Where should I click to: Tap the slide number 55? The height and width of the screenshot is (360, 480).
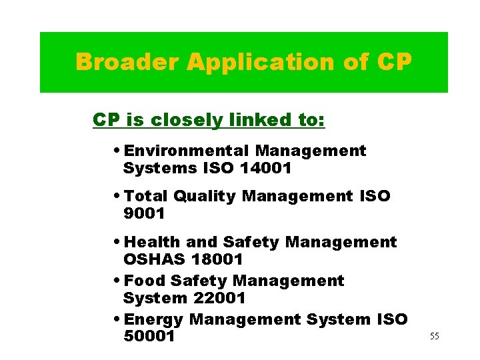435,336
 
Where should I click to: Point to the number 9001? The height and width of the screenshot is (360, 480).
144,214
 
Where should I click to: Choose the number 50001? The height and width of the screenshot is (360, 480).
149,337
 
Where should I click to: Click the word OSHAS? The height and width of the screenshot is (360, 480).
150,259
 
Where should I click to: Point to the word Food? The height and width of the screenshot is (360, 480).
143,281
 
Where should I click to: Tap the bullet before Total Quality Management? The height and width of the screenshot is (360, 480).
117,196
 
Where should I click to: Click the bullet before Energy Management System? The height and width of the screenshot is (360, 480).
117,319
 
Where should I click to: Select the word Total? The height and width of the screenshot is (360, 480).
146,196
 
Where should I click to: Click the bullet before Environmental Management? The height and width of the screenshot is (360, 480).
117,151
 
